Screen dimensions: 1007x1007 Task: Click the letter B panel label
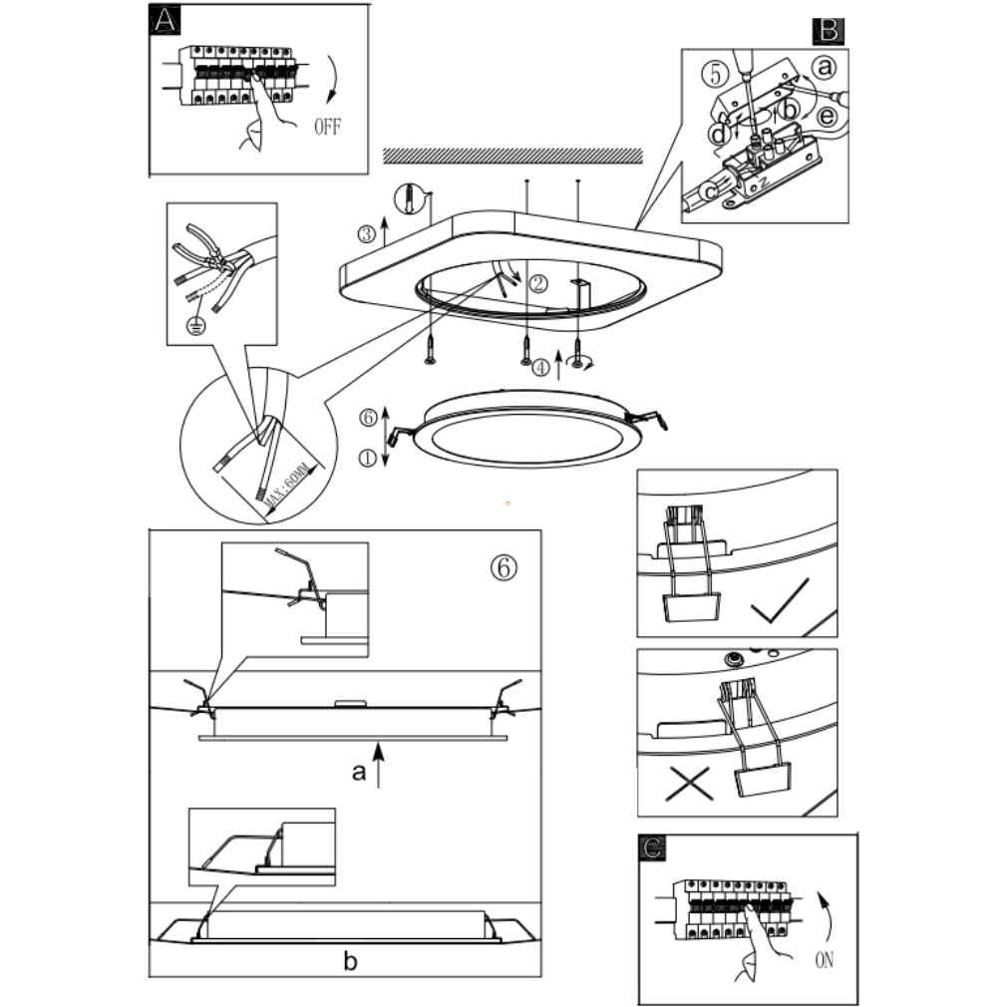coord(828,31)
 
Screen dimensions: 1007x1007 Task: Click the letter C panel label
coord(652,848)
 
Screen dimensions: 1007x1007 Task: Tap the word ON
coord(824,961)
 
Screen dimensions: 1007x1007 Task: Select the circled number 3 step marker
coord(367,234)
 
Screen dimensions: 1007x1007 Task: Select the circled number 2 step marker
coord(538,284)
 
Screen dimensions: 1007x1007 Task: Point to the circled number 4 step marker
coord(540,368)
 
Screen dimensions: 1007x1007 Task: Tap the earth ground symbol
coord(196,326)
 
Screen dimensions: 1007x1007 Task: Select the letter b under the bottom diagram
coord(350,962)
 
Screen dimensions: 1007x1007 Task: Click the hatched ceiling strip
coord(512,156)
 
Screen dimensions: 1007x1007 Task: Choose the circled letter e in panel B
coord(827,117)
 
